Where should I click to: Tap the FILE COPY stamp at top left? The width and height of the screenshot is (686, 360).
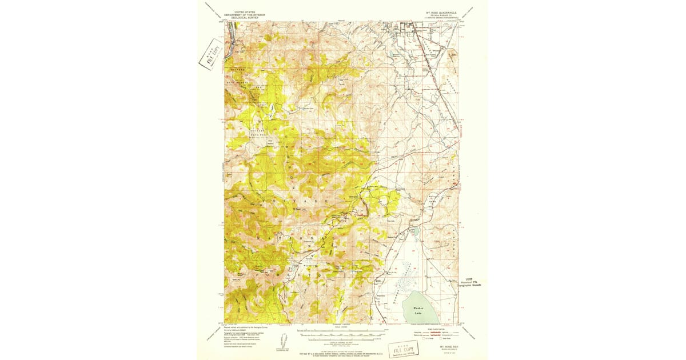click(209, 54)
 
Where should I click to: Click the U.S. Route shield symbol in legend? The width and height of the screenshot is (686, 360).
click(424, 339)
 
